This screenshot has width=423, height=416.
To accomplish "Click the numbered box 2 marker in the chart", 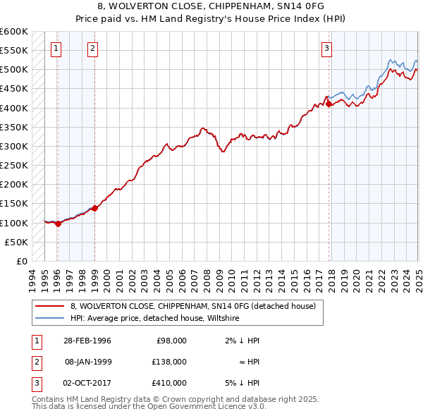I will pyautogui.click(x=93, y=49).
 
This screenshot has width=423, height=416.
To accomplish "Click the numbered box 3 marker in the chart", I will pyautogui.click(x=327, y=49).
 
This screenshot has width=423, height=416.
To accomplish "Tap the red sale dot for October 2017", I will pyautogui.click(x=329, y=104).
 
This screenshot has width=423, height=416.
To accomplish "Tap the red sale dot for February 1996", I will pyautogui.click(x=58, y=224).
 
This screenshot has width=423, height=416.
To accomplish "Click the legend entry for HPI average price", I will pyautogui.click(x=155, y=319).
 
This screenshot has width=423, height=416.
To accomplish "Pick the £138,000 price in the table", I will pyautogui.click(x=169, y=362).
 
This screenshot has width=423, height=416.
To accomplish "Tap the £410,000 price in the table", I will pyautogui.click(x=169, y=383).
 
